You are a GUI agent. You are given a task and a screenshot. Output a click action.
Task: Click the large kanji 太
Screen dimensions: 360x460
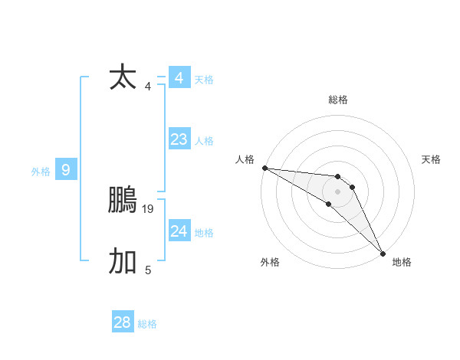tap(123, 77)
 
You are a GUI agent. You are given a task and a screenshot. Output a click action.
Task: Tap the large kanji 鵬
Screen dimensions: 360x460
tap(123, 200)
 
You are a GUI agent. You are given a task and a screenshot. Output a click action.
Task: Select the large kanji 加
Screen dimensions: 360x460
tap(123, 261)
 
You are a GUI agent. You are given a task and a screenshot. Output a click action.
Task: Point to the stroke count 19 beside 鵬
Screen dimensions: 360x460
tap(148, 208)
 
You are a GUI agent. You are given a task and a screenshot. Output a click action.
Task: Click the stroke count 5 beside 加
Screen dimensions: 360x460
tap(148, 270)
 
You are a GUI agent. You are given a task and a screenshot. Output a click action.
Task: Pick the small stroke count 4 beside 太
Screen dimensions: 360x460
tap(148, 86)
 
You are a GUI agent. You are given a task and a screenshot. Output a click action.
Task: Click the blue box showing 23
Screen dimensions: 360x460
tap(179, 139)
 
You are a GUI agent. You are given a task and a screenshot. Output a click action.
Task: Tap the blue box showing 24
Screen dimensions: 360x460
tap(179, 231)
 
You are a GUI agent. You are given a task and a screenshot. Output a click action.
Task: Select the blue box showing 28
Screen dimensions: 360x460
tap(123, 322)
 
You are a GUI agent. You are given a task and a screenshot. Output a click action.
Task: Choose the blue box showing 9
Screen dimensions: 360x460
tap(66, 170)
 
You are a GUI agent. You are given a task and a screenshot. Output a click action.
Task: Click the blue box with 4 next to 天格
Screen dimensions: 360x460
tap(179, 78)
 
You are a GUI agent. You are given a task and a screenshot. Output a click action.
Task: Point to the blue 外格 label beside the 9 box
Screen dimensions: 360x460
tap(41, 172)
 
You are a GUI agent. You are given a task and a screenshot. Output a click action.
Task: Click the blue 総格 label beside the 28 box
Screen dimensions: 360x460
tap(147, 324)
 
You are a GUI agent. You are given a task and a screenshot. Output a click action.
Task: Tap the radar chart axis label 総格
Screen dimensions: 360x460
tap(338, 100)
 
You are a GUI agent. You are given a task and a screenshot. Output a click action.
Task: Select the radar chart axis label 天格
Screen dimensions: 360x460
tap(431, 159)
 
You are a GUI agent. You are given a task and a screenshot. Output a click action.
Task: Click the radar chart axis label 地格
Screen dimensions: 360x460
tap(402, 262)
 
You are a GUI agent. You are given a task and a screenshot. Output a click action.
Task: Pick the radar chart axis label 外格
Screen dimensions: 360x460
tap(270, 262)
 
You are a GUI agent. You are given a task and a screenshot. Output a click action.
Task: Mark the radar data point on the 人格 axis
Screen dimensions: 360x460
tap(264, 168)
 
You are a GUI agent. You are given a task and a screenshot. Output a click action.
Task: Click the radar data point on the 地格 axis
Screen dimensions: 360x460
tap(383, 253)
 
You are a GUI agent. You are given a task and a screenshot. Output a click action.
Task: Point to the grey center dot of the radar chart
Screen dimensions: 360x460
tap(338, 191)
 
